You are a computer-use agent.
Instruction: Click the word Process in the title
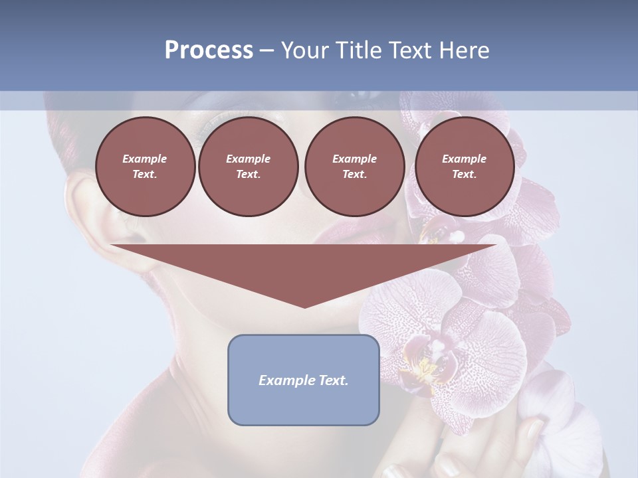click(209, 50)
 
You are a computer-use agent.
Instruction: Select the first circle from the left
click(145, 167)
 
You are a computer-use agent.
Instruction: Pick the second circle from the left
click(248, 167)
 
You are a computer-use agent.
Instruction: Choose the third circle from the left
click(354, 167)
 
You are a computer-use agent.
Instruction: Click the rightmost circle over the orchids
click(464, 167)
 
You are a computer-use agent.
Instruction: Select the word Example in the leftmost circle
click(145, 159)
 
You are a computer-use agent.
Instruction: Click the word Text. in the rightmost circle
click(464, 175)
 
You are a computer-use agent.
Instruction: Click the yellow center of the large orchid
click(425, 365)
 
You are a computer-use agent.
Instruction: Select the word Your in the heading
click(303, 50)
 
